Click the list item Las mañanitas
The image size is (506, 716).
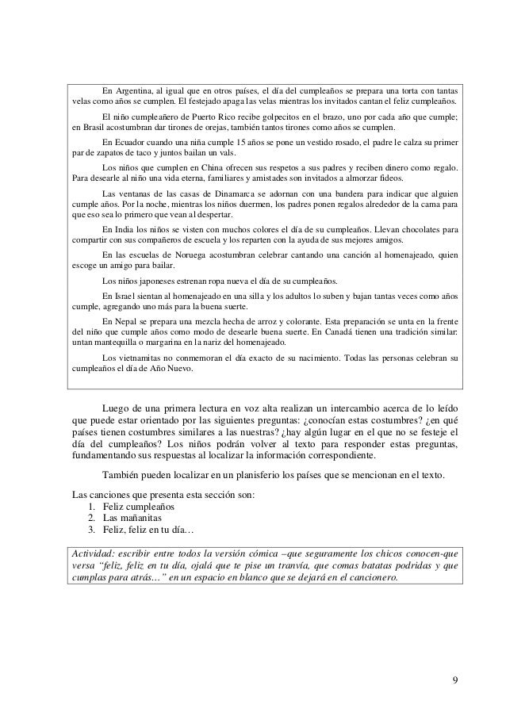tap(132, 518)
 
